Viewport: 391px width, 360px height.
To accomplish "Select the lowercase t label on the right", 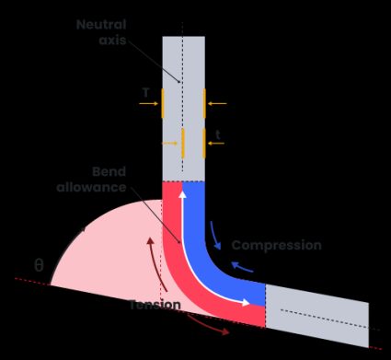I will [217, 135].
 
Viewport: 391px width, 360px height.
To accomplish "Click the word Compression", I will [276, 245].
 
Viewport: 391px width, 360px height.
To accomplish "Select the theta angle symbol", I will [39, 265].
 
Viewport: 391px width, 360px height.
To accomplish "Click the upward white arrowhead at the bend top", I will [182, 192].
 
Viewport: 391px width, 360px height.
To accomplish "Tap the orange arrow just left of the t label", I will [171, 144].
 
